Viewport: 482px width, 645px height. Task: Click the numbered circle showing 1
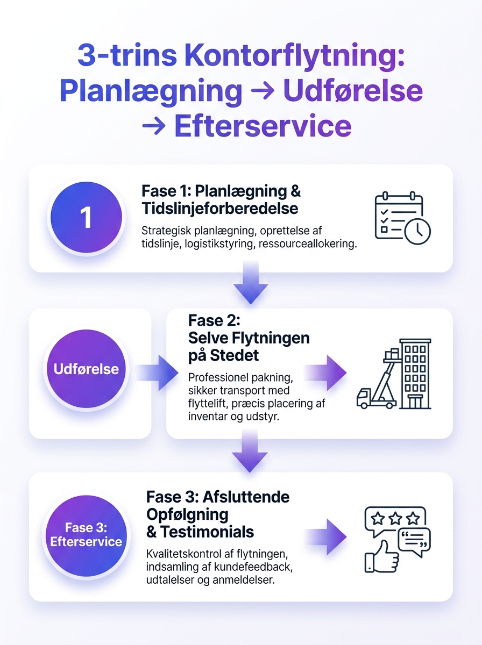coord(86,218)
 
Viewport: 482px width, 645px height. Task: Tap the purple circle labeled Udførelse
coord(86,369)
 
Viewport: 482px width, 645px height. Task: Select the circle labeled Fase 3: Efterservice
coord(86,535)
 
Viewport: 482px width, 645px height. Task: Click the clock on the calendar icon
coord(417,231)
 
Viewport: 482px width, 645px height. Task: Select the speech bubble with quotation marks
coord(414,542)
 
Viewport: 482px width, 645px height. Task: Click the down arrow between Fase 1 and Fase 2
coord(251,282)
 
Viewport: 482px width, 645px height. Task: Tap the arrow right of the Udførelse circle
coord(157,372)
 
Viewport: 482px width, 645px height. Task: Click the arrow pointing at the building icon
coord(325,372)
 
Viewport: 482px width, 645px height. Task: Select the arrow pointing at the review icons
coord(325,537)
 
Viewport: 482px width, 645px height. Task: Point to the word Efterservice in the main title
coord(263,126)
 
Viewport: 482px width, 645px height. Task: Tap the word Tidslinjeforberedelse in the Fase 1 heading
coord(219,209)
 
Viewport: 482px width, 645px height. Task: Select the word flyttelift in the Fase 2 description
coord(207,404)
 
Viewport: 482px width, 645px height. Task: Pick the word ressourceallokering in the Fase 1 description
coord(308,243)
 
